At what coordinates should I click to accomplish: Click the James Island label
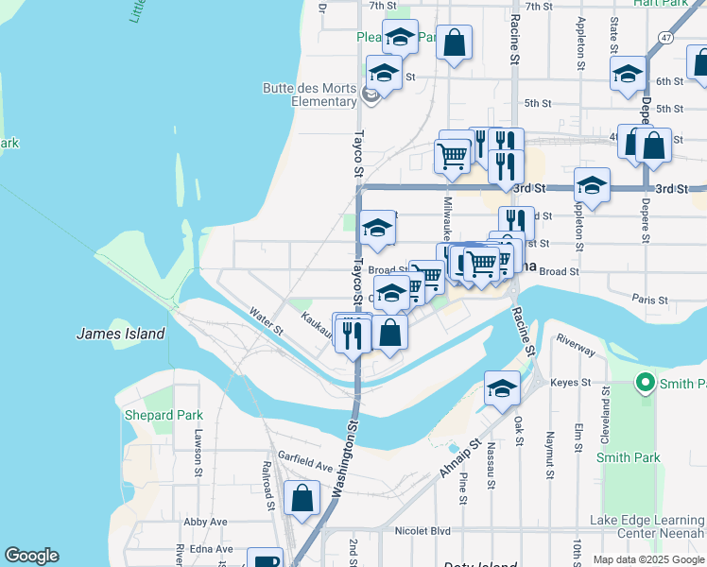click(120, 334)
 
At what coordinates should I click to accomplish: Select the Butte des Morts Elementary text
click(309, 94)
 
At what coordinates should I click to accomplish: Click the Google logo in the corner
click(31, 556)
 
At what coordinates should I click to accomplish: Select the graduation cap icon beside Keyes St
click(502, 387)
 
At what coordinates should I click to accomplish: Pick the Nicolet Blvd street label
click(422, 530)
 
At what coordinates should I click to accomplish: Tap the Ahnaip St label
click(460, 455)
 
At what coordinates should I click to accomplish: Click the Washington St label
click(346, 460)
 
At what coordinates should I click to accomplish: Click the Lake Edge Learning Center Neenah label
click(647, 526)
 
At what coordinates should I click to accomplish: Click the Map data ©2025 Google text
click(648, 559)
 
